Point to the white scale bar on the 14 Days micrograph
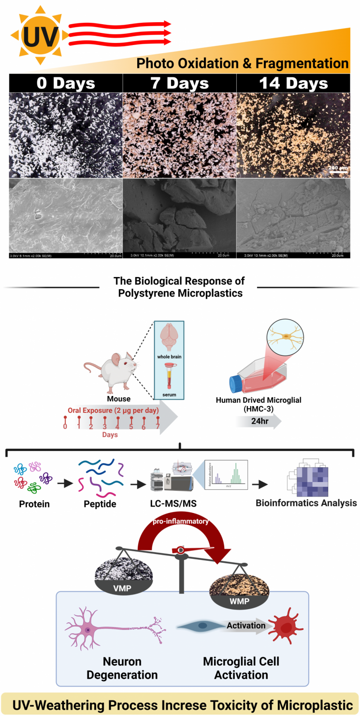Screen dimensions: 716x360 (x=338, y=171)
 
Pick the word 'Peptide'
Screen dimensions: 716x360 (x=100, y=503)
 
